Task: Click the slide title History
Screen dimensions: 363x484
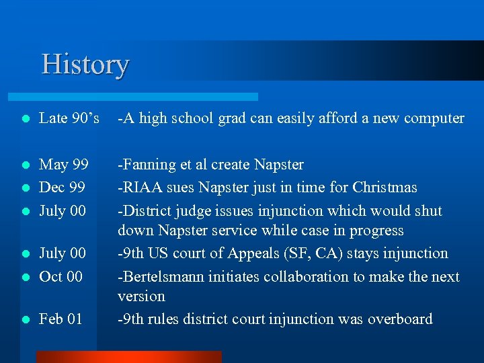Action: pos(85,65)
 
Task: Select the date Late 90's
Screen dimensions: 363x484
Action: pos(69,118)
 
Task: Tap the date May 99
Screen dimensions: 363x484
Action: pos(64,165)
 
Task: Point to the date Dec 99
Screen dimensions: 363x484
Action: pos(63,188)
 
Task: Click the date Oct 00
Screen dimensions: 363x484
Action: pos(61,276)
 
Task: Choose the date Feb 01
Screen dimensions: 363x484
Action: pos(61,319)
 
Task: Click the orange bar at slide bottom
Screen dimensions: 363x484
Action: pos(128,357)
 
